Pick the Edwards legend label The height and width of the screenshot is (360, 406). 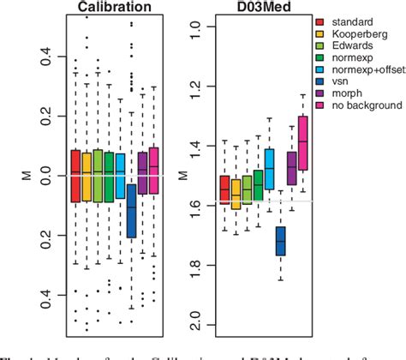pyautogui.click(x=354, y=45)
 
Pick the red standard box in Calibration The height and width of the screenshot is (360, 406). pyautogui.click(x=75, y=176)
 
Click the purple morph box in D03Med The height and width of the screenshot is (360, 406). pyautogui.click(x=291, y=168)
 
